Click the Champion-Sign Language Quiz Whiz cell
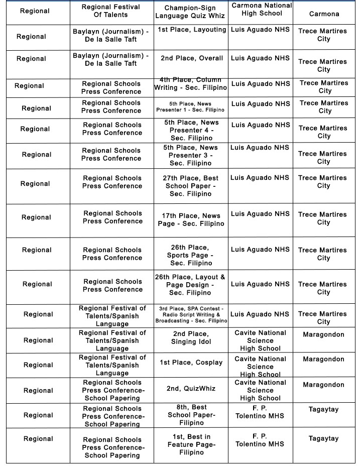coord(190,12)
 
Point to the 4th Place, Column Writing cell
coord(191,84)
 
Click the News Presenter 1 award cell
coord(190,106)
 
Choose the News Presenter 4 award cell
coord(191,130)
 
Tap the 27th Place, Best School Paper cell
coord(191,186)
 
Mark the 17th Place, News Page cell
coord(191,219)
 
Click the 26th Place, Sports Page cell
coord(191,255)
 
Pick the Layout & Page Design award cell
coord(190,285)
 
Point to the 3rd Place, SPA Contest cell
coord(191,314)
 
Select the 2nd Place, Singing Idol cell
coord(191,338)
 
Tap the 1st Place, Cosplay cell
coord(191,363)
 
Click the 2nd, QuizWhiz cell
coord(191,388)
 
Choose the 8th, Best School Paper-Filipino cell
coord(191,415)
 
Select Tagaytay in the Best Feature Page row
coord(323,439)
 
